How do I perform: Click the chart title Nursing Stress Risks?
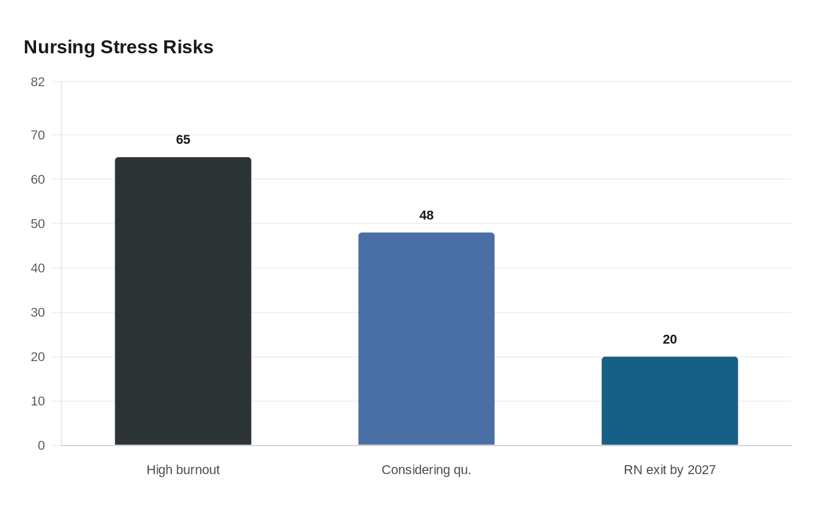click(118, 47)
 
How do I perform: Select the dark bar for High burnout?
click(183, 301)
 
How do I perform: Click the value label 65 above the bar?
click(183, 140)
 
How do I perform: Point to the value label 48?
click(426, 216)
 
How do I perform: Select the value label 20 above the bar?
click(670, 340)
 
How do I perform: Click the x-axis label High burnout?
click(183, 470)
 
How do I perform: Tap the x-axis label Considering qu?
click(426, 470)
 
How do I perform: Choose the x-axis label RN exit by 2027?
click(670, 470)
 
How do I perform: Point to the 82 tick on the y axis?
click(38, 82)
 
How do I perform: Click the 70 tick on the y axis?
click(38, 135)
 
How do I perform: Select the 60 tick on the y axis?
click(38, 180)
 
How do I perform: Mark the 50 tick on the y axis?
click(38, 224)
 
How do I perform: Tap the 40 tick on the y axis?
click(38, 268)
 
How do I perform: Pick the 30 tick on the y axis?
click(38, 313)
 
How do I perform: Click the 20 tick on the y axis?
click(38, 357)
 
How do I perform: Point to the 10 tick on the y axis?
click(38, 401)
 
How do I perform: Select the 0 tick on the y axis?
click(41, 446)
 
